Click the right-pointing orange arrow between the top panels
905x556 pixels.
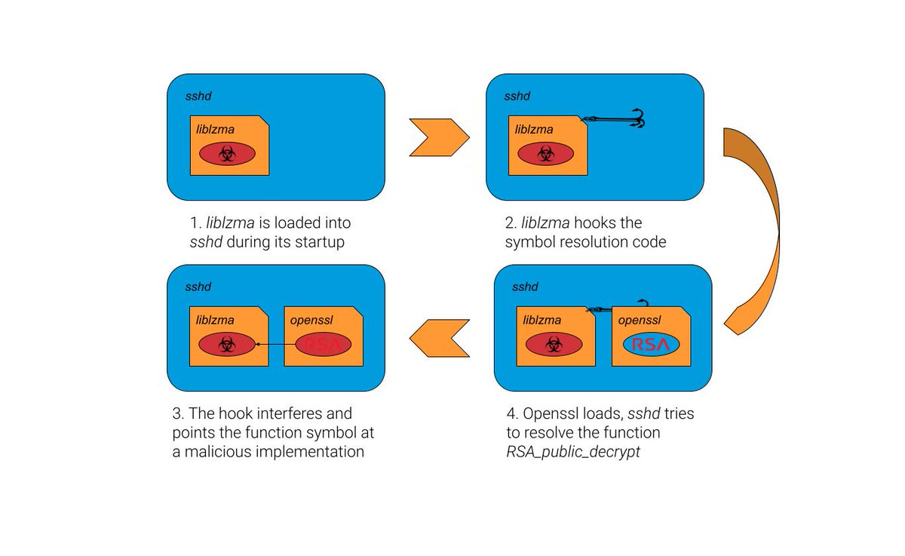437,137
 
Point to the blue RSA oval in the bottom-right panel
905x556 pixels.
651,345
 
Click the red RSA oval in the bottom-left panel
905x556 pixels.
323,345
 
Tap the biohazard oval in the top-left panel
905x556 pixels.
227,154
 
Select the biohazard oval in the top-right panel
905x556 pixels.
545,154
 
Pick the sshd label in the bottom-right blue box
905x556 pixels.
525,287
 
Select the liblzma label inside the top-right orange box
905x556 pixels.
534,129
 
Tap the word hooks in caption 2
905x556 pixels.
597,223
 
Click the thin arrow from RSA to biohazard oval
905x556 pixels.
275,345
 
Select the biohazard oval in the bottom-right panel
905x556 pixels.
554,345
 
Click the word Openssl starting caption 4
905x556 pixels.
544,414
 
